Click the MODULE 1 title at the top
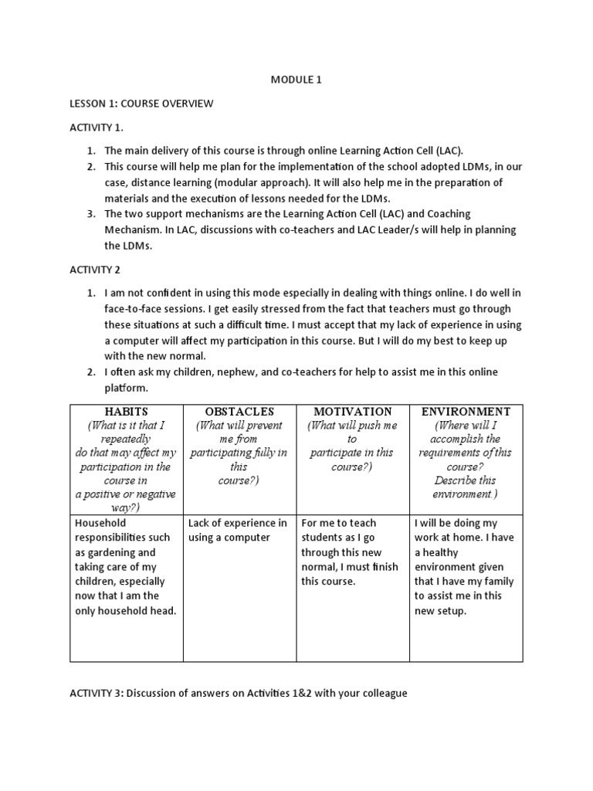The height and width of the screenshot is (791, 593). point(296,79)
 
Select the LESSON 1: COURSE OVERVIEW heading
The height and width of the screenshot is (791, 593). point(141,103)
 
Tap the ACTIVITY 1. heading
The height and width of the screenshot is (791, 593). point(97,127)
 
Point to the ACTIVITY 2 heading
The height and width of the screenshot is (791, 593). point(94,270)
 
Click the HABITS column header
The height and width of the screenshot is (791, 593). point(126,412)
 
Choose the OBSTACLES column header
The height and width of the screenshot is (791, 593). point(239,412)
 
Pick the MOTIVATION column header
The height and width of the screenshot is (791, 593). point(353,412)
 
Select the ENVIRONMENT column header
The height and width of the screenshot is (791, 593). point(466,412)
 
